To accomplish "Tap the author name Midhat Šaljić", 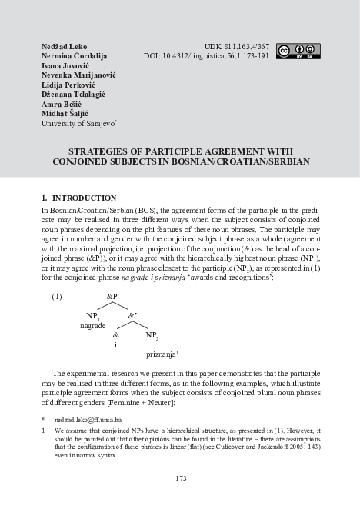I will coord(65,113).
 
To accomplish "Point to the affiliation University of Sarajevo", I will coord(78,123).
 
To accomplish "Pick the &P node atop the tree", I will coord(112,296).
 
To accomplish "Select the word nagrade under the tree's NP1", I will coord(93,326).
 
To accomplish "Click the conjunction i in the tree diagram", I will coord(115,346).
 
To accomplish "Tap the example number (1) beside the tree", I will coord(56,296).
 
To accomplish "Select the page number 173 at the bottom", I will coord(181,479).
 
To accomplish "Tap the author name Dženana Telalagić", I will coord(72,95).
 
